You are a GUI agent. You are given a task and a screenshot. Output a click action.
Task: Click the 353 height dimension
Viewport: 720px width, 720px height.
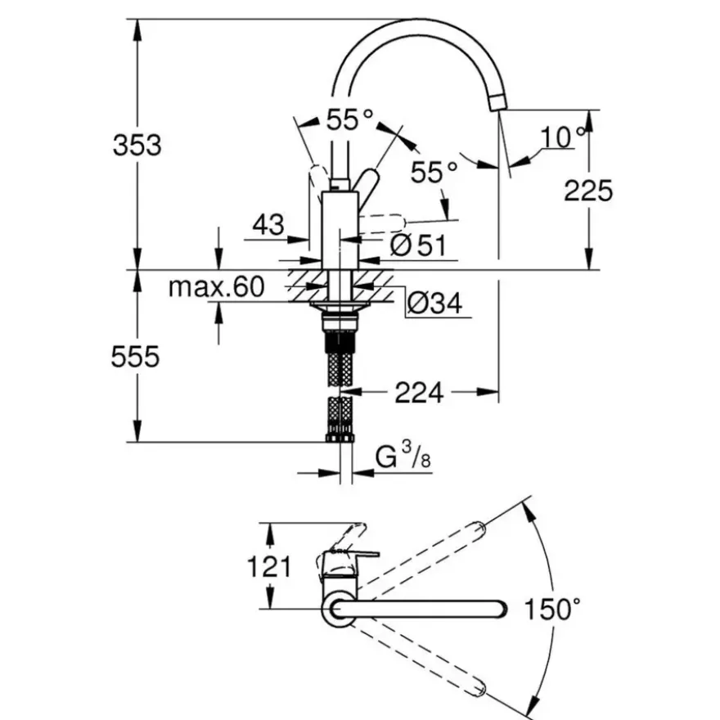tap(137, 145)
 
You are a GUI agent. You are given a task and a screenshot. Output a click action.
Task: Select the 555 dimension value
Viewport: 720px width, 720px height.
tap(135, 357)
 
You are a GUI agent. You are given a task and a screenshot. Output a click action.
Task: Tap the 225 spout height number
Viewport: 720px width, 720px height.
tap(588, 190)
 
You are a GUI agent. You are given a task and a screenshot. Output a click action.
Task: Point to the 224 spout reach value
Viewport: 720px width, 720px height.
tap(419, 393)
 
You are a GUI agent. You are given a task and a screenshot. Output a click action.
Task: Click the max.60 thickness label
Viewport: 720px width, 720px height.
tap(217, 287)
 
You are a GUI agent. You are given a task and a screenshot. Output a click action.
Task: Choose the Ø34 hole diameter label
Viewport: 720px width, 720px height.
tap(434, 303)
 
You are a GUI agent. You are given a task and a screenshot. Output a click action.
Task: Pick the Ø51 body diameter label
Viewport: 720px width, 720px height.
tap(418, 245)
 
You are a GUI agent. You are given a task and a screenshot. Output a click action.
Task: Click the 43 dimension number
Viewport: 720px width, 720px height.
tap(268, 224)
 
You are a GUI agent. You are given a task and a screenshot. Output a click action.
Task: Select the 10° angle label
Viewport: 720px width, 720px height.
tap(564, 137)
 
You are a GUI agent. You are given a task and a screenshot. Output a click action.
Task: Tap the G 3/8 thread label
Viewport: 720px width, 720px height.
tap(403, 456)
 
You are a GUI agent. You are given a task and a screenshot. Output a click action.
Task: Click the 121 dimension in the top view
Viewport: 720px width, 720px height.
tap(269, 566)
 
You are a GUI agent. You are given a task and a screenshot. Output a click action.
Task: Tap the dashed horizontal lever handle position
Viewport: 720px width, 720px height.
tap(382, 223)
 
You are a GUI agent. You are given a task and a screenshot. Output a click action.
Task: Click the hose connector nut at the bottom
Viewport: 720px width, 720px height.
tap(340, 437)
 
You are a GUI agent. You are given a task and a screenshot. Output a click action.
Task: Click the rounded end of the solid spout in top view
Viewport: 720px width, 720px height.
tap(502, 609)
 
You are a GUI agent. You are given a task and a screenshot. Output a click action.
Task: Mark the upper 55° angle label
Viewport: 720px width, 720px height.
tap(350, 119)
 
